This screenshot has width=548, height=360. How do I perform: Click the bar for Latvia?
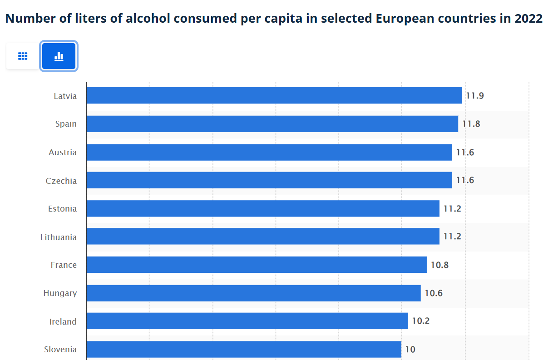point(274,96)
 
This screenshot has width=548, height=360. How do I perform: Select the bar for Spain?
point(272,124)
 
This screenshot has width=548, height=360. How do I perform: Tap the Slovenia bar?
point(244,350)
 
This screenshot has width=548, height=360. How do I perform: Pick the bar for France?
point(257,265)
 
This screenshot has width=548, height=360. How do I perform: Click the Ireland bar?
point(247,321)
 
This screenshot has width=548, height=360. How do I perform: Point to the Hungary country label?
point(60,293)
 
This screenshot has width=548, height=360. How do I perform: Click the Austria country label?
point(63,153)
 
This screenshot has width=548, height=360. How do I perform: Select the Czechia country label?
point(61,181)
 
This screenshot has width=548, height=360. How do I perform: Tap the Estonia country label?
point(63,209)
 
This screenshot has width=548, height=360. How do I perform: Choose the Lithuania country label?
point(59,237)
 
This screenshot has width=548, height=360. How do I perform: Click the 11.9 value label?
point(475,96)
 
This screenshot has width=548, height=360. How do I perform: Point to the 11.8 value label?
point(471,124)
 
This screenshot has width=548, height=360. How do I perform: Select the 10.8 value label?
point(439,265)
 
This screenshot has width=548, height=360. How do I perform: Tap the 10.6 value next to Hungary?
point(434,293)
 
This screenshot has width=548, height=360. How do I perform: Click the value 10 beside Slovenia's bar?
point(410,350)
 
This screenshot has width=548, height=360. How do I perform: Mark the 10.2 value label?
point(421,321)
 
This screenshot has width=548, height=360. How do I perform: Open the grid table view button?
point(23,56)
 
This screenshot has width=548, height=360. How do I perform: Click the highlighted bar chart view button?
point(59,56)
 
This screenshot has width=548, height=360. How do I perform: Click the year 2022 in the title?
point(528,19)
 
